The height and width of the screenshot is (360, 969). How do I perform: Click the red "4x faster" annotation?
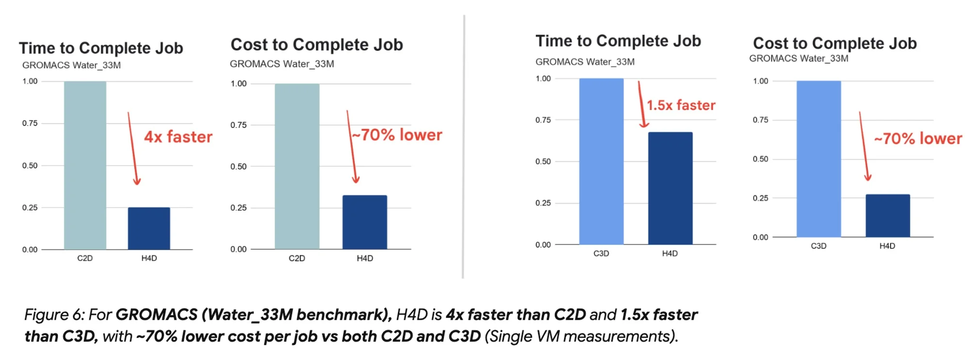click(x=178, y=137)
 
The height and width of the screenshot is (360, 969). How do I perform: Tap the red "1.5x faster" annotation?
click(x=681, y=105)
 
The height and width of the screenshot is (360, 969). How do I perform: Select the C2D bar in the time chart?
click(x=85, y=165)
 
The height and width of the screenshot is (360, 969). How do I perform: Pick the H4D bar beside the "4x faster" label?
click(x=149, y=228)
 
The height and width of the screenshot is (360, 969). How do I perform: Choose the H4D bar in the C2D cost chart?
click(x=365, y=222)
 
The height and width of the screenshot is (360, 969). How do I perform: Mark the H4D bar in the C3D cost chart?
click(x=888, y=216)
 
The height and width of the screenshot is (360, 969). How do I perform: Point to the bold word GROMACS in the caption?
click(x=156, y=315)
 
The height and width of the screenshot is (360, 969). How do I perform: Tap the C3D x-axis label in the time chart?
click(x=601, y=253)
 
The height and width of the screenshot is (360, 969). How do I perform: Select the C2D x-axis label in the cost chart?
click(x=297, y=258)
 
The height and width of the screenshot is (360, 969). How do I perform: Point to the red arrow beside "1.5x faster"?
click(x=641, y=105)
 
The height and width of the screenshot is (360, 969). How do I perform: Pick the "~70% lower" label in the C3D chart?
click(x=918, y=139)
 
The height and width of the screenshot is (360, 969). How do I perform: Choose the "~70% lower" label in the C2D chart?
click(x=397, y=135)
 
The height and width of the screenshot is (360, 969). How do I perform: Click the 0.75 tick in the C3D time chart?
click(x=543, y=120)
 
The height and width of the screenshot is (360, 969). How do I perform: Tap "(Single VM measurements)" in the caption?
click(x=581, y=337)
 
